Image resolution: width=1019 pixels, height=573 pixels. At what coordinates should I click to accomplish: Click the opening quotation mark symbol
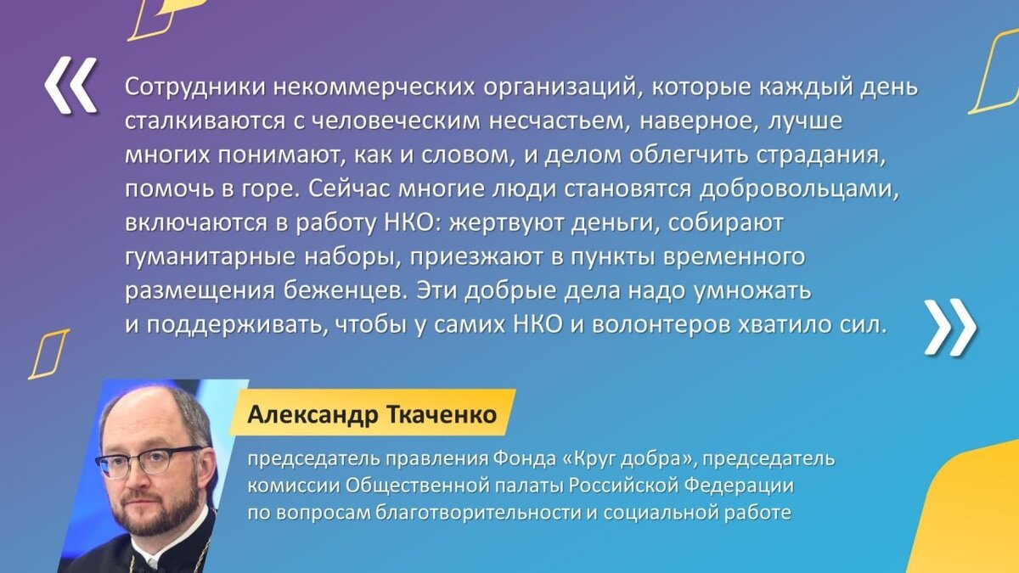pos(70,87)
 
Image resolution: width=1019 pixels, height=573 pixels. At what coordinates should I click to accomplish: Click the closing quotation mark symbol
pos(949,326)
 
